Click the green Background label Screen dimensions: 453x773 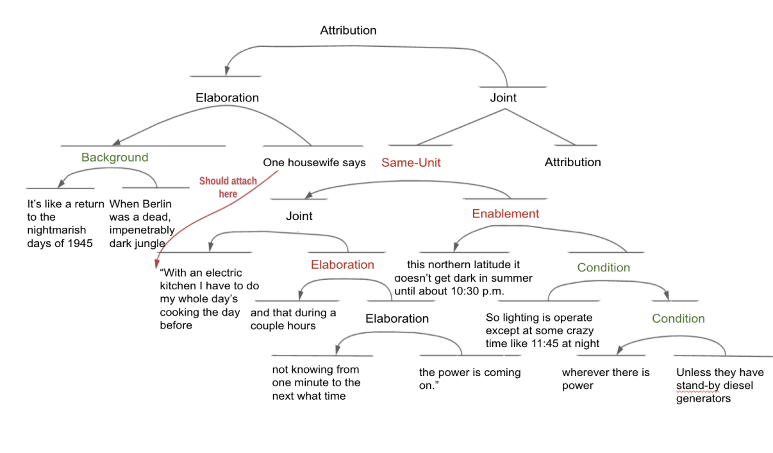pos(115,158)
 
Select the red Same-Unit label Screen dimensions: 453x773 pos(411,163)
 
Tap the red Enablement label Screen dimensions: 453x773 pos(506,214)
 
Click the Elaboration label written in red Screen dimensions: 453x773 pos(342,264)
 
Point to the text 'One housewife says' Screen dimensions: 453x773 pos(314,163)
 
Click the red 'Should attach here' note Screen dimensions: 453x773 pos(228,187)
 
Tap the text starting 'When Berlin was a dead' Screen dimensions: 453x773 pos(142,223)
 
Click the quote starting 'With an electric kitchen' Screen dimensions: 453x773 pos(209,299)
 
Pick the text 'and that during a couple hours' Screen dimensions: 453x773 pos(293,319)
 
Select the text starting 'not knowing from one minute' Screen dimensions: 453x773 pos(316,382)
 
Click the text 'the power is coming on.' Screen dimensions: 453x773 pos(470,379)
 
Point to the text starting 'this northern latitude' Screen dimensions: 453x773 pos(463,277)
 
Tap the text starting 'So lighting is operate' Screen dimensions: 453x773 pos(542,330)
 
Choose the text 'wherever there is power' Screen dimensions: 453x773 pos(606,379)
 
